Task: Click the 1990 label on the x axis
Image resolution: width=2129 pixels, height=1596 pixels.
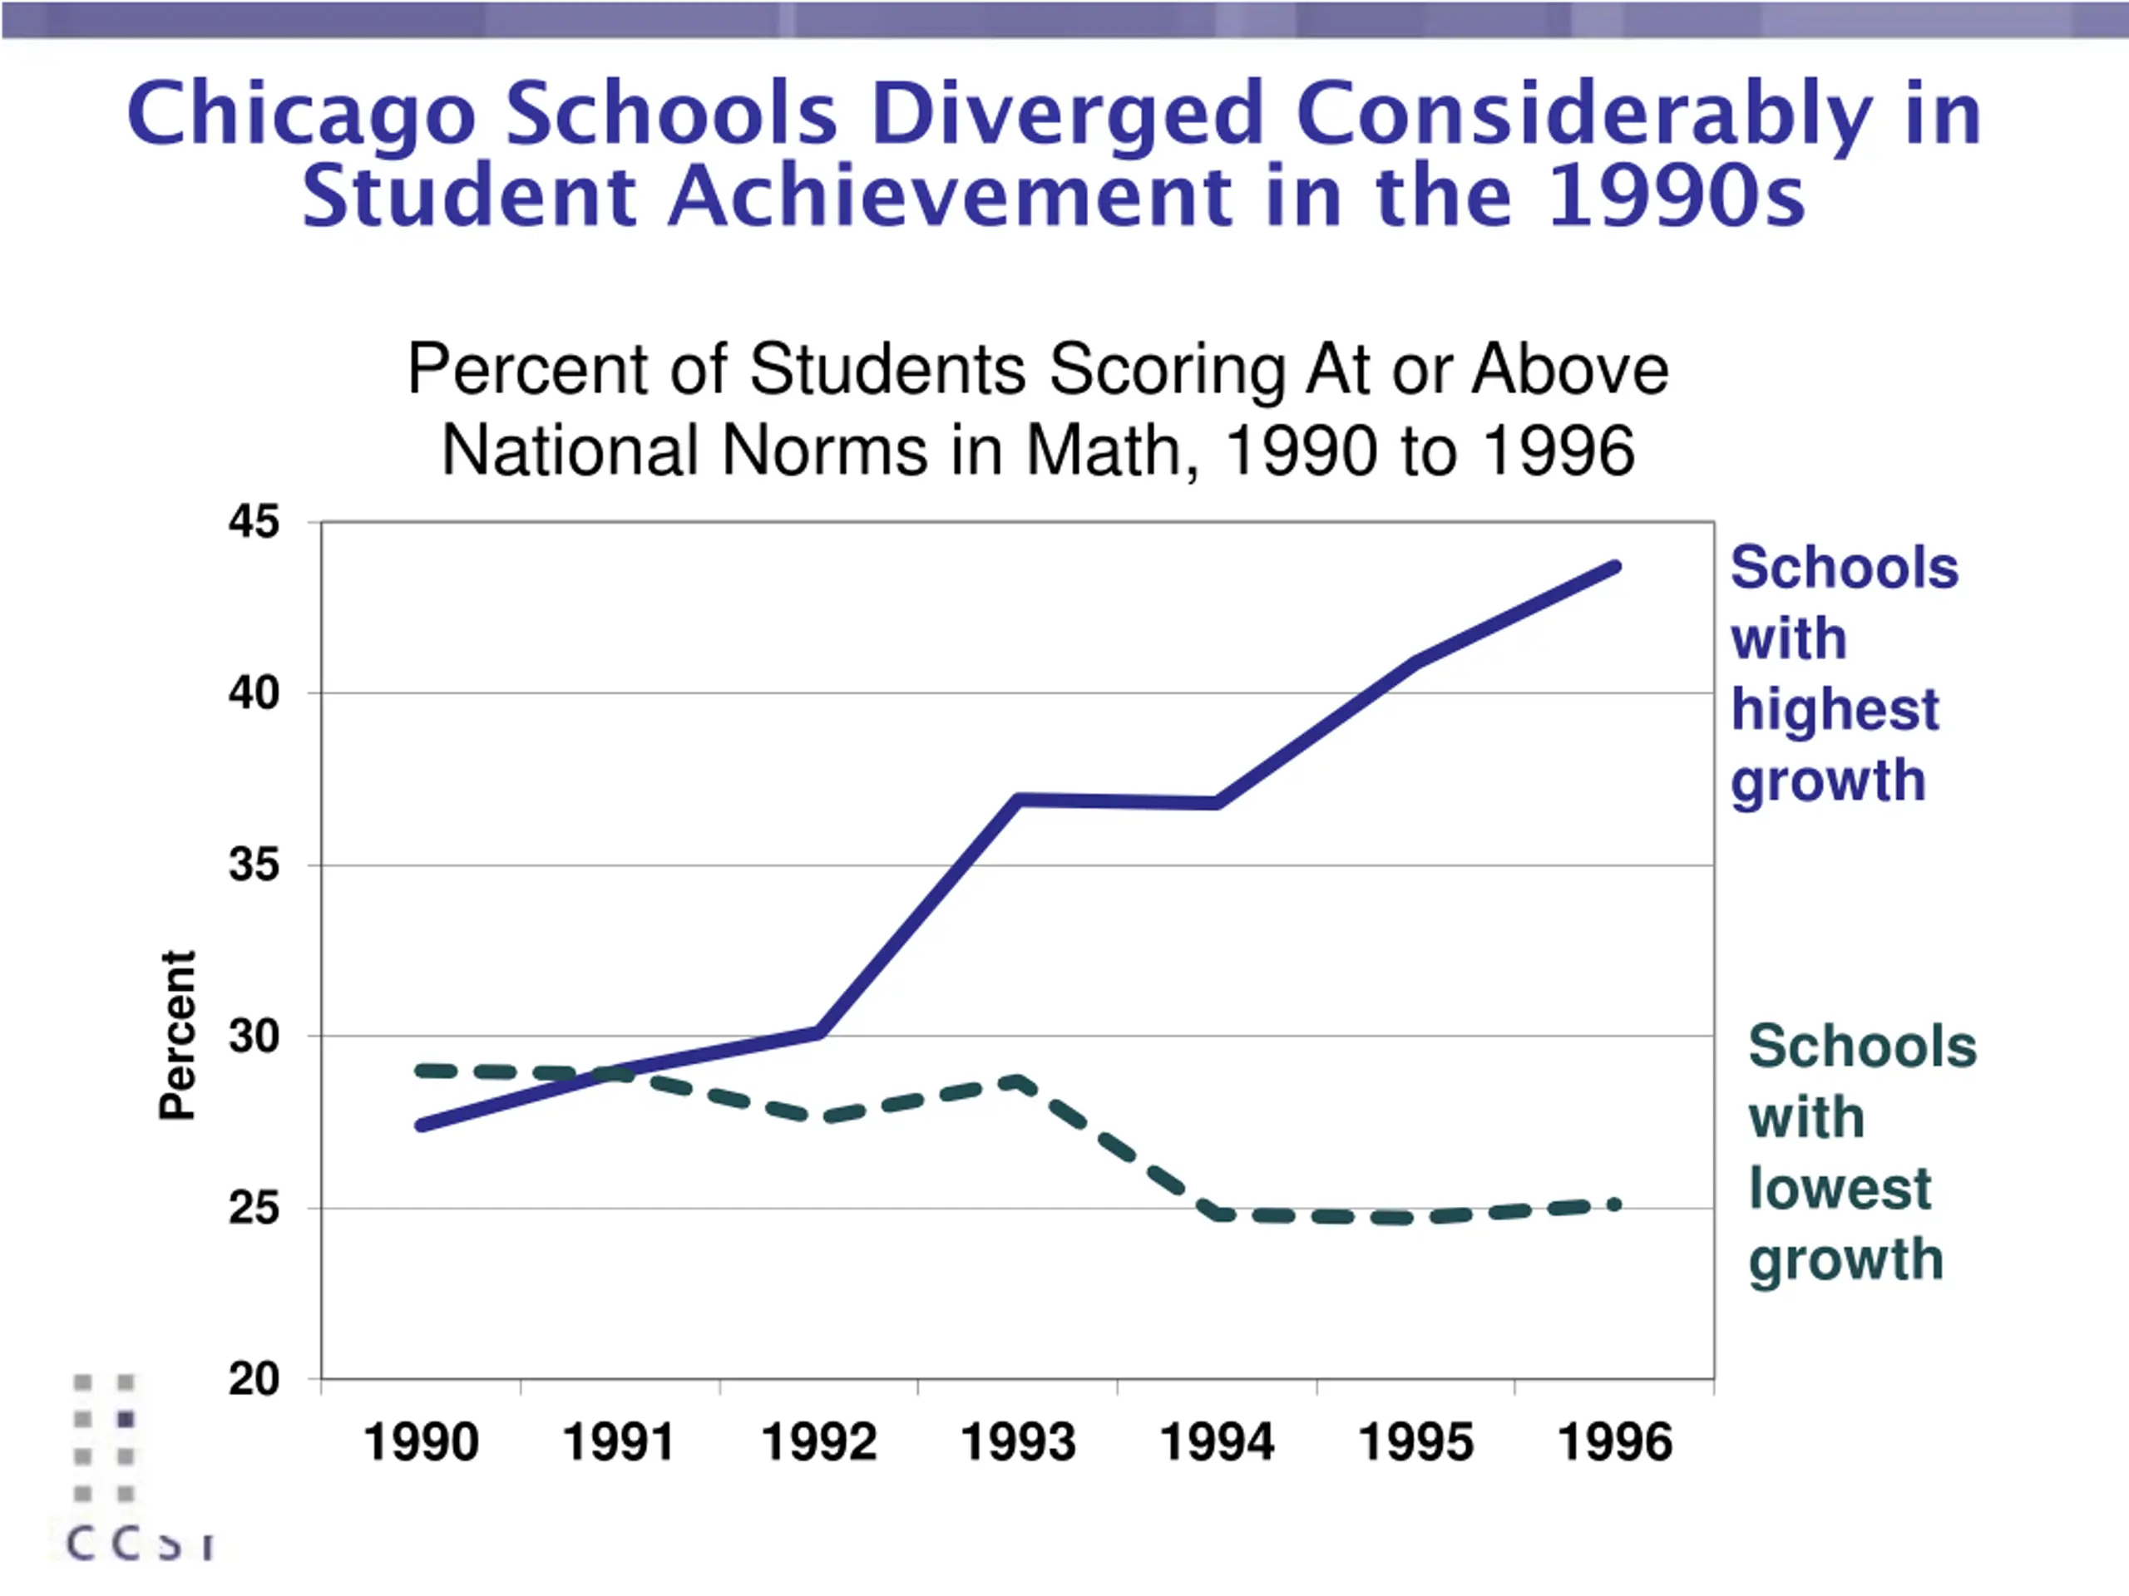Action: pyautogui.click(x=421, y=1443)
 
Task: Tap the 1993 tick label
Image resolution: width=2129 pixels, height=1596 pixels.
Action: pyautogui.click(x=1017, y=1443)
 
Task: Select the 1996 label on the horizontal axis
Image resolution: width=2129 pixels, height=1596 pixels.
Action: pyautogui.click(x=1614, y=1443)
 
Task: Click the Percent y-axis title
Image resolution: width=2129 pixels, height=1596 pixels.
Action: pyautogui.click(x=177, y=1035)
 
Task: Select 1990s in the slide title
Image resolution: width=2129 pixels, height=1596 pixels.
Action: pyautogui.click(x=1677, y=196)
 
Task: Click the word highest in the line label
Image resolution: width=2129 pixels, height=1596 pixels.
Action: pyautogui.click(x=1835, y=710)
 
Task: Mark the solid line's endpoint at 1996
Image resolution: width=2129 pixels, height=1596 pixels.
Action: pyautogui.click(x=1615, y=568)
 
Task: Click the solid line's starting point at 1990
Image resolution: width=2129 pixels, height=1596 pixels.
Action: pyautogui.click(x=422, y=1125)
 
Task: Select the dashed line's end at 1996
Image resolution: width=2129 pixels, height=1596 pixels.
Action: pyautogui.click(x=1615, y=1204)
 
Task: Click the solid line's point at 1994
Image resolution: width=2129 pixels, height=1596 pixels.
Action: pyautogui.click(x=1218, y=802)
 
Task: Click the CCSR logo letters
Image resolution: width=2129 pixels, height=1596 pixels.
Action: pyautogui.click(x=141, y=1545)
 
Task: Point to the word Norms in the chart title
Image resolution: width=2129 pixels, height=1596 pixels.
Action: pyautogui.click(x=824, y=451)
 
